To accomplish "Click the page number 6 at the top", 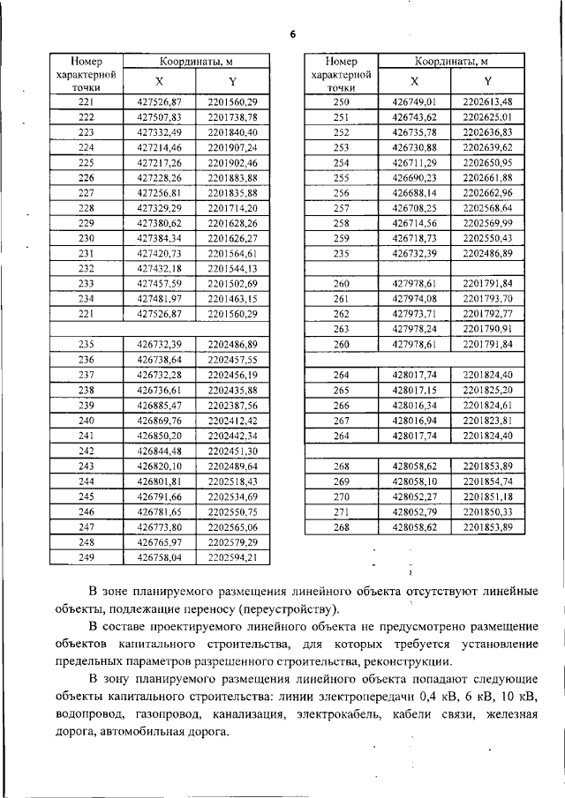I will (292, 34).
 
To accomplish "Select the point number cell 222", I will (87, 117).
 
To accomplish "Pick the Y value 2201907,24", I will (232, 147).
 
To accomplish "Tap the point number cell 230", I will (87, 238).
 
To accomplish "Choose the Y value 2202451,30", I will (232, 451).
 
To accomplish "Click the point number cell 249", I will (87, 557).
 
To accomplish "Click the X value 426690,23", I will (414, 178).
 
